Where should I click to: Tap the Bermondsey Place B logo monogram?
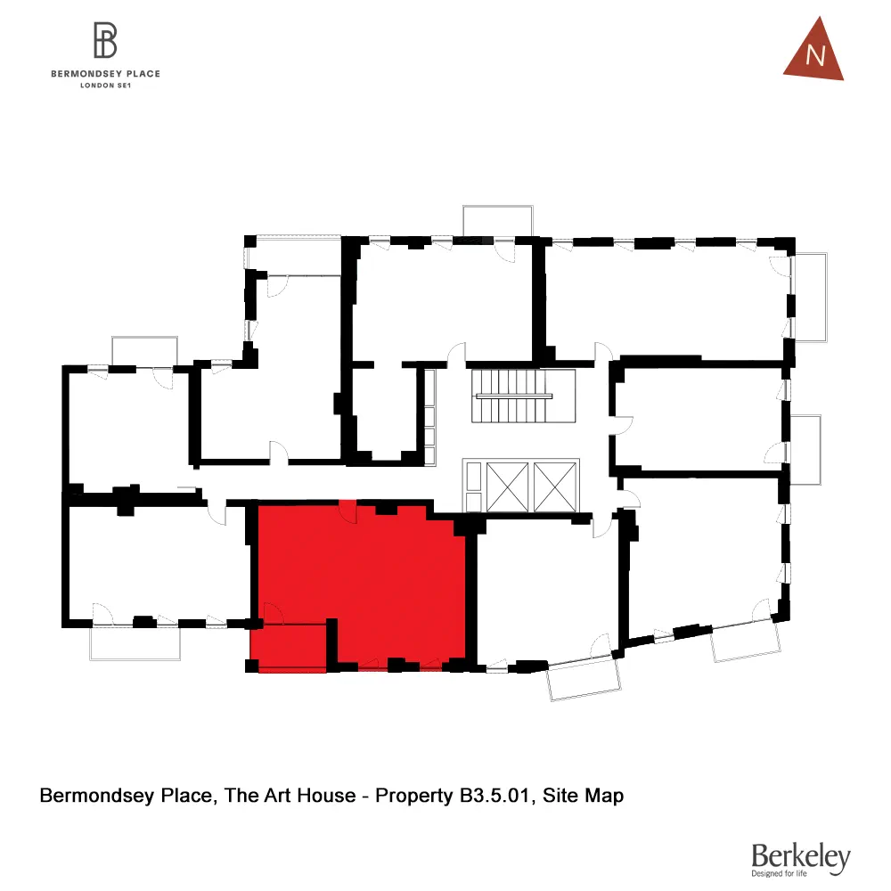point(105,40)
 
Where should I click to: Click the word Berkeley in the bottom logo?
point(800,856)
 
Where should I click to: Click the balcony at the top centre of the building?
point(497,220)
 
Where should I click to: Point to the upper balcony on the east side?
point(811,297)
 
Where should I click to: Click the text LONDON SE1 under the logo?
point(105,86)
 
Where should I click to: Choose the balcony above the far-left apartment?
point(143,351)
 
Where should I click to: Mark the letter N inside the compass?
point(814,57)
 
